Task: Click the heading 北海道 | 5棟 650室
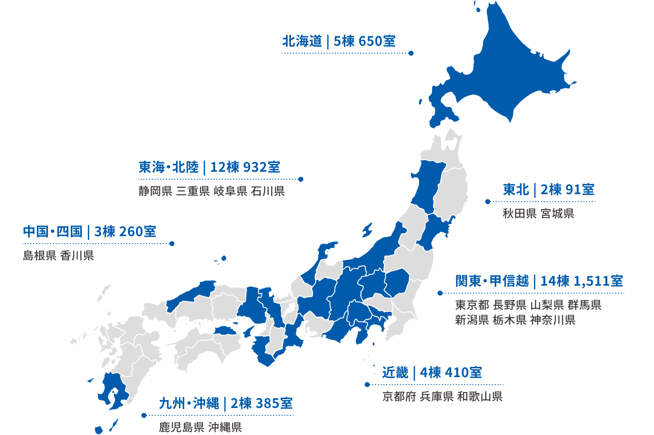(339, 42)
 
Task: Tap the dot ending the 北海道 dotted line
(411, 53)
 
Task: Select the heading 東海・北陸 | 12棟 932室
(209, 167)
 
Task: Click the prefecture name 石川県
(268, 191)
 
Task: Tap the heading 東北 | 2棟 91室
(548, 189)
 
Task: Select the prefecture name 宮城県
(557, 214)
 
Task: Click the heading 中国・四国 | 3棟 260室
(89, 232)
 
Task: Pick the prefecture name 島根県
(40, 256)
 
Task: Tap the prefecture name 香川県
(77, 256)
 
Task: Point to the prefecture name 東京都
(472, 305)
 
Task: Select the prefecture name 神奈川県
(553, 320)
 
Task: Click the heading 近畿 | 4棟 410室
(432, 372)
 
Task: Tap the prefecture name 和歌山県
(480, 397)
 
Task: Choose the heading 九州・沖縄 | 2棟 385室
(226, 403)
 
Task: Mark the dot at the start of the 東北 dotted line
(488, 202)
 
